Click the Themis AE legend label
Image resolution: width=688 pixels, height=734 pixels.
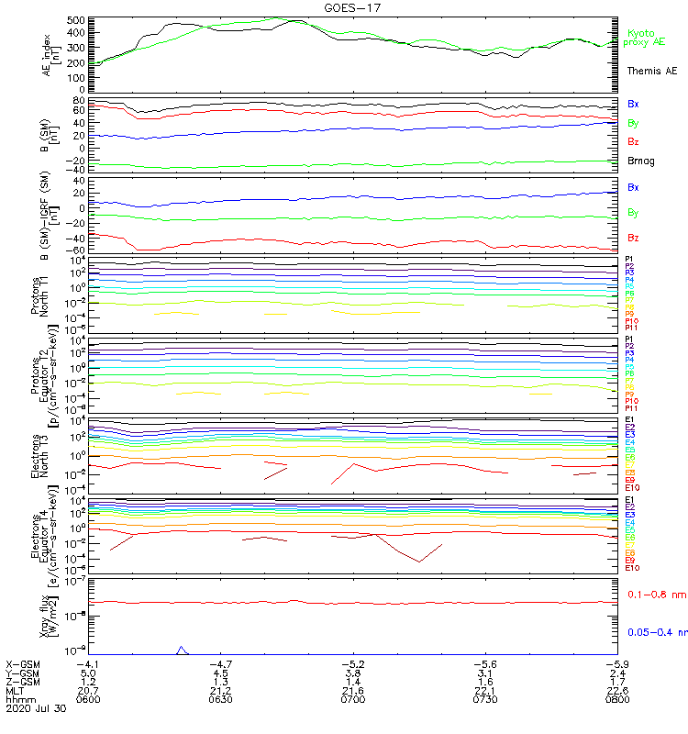click(x=651, y=71)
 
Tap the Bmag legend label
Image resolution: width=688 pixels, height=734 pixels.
click(x=641, y=161)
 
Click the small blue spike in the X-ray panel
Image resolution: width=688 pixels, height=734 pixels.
click(x=182, y=650)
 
